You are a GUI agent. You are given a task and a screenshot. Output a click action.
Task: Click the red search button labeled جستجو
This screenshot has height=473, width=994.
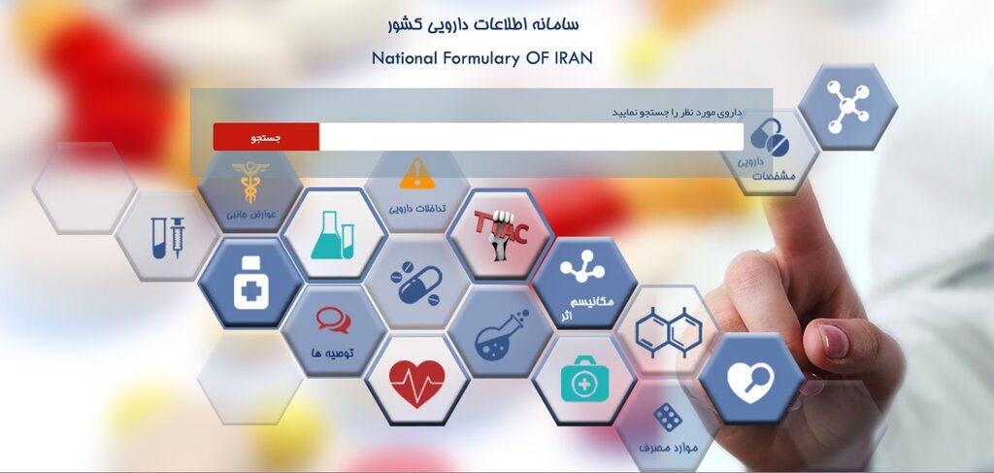(x=266, y=137)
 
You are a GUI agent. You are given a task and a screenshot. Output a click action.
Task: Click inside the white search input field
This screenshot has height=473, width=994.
(x=530, y=137)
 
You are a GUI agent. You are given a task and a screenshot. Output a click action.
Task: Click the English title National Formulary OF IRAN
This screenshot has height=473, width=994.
(x=481, y=58)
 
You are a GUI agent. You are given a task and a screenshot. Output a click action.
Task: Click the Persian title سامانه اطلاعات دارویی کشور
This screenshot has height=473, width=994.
(x=481, y=23)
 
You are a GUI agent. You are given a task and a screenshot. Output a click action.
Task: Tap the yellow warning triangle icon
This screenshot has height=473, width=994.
(x=417, y=173)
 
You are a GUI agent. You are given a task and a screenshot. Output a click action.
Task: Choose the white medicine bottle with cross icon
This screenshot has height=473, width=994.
(x=250, y=283)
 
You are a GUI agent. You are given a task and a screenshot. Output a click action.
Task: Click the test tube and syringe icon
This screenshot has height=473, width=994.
(x=167, y=237)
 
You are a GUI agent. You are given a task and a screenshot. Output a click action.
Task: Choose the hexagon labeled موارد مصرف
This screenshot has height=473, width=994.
(x=667, y=428)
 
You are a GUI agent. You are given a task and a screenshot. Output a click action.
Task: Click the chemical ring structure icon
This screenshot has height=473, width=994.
(x=668, y=329)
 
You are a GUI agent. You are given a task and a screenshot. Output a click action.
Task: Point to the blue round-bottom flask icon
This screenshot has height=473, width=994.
(x=500, y=333)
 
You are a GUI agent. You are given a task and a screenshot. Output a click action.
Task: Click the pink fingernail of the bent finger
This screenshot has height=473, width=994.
(x=833, y=341)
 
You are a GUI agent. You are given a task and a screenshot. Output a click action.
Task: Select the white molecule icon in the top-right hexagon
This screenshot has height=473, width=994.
(x=847, y=101)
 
